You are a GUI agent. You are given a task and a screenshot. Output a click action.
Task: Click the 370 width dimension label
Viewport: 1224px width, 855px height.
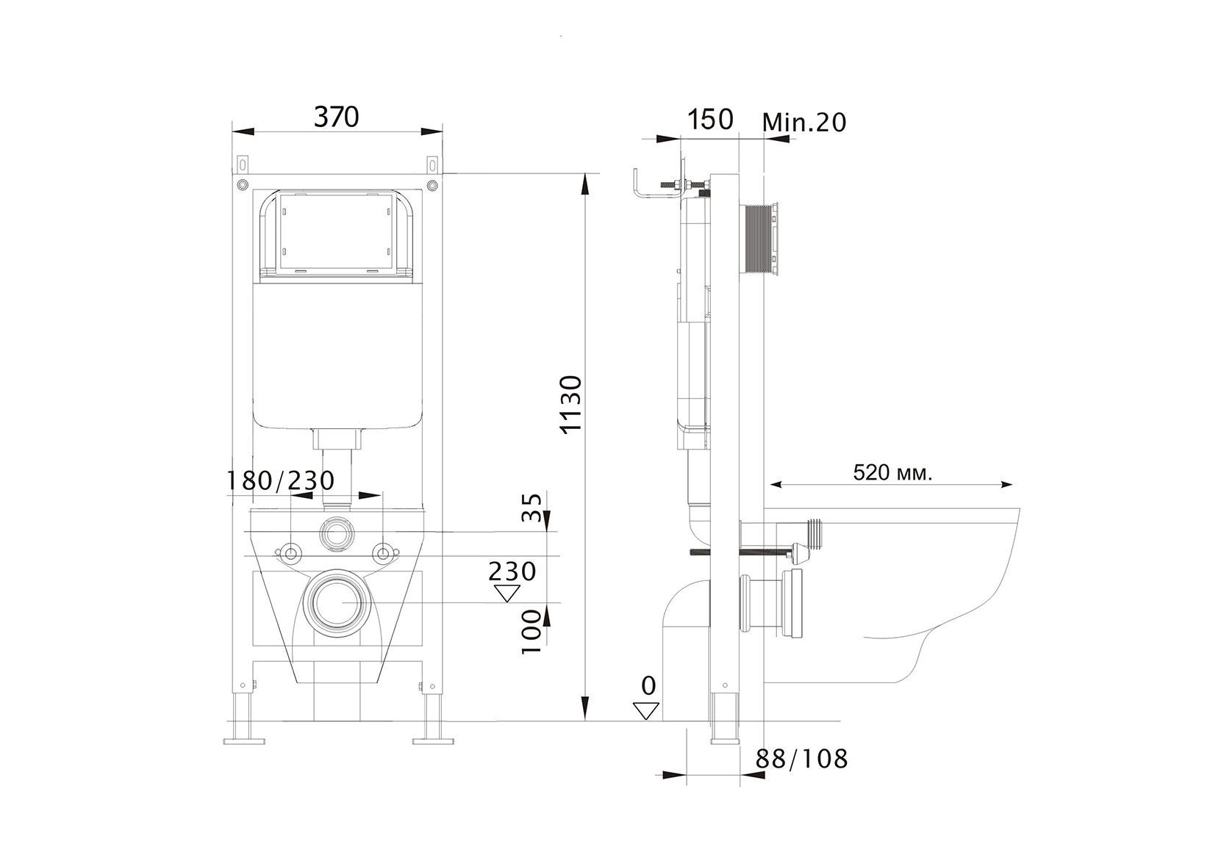click(337, 117)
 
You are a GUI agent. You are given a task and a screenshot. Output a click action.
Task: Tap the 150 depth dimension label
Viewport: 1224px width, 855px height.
click(711, 119)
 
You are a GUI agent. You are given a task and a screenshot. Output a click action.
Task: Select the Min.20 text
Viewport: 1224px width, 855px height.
click(804, 122)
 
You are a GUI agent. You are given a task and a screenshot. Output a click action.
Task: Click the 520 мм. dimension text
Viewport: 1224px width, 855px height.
click(892, 472)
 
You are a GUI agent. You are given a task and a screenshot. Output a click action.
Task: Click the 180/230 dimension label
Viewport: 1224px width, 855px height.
click(280, 480)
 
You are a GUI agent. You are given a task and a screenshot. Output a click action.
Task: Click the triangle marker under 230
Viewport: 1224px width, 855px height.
click(505, 593)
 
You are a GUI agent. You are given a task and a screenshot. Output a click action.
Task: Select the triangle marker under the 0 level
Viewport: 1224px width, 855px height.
click(645, 710)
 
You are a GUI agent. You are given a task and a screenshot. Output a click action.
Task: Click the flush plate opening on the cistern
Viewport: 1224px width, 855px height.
click(337, 234)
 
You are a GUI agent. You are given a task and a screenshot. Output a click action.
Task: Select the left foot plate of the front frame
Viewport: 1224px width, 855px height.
click(243, 740)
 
